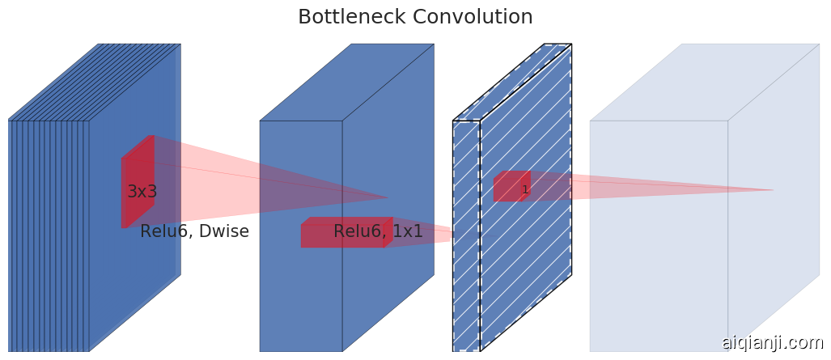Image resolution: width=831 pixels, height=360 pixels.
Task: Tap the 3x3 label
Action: pyautogui.click(x=142, y=192)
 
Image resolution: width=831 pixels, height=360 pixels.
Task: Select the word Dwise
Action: pyautogui.click(x=223, y=232)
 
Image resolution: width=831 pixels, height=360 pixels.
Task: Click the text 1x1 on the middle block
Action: pyautogui.click(x=407, y=232)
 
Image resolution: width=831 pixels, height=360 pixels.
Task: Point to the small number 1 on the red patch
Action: pyautogui.click(x=525, y=190)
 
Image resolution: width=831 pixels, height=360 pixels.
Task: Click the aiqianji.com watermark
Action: pyautogui.click(x=772, y=343)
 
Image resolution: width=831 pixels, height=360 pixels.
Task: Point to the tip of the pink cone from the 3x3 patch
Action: pyautogui.click(x=388, y=197)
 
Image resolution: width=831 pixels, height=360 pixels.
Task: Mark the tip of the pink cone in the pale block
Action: pyautogui.click(x=774, y=190)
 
